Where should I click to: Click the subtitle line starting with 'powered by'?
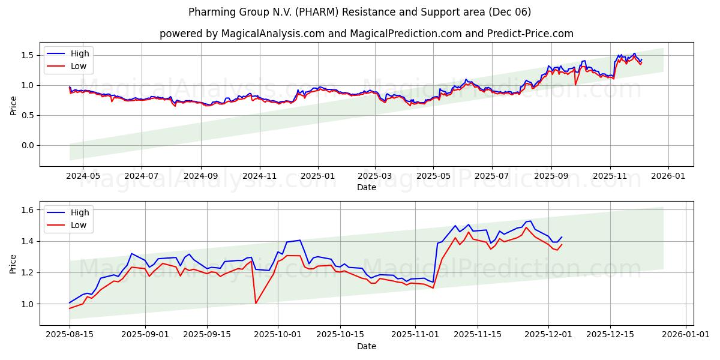[367, 34]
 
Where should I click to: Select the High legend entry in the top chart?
[79, 53]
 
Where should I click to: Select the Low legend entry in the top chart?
[79, 66]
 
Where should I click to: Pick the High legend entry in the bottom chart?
[79, 212]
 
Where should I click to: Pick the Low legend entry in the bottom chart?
[79, 225]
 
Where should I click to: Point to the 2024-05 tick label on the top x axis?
[82, 176]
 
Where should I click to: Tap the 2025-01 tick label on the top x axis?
[317, 176]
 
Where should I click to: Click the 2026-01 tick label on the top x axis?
[668, 176]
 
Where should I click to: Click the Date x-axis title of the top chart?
[367, 187]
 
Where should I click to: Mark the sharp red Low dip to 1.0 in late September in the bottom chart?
[256, 303]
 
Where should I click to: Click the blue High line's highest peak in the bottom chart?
[530, 221]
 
